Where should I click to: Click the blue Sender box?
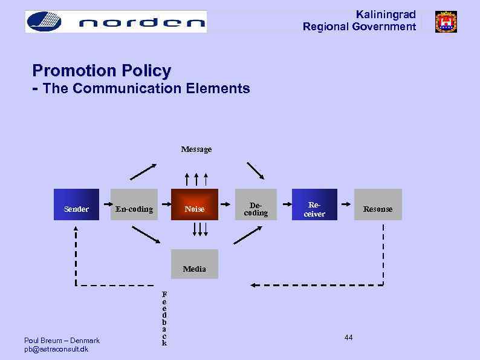click(x=76, y=205)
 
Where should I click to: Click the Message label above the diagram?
click(x=196, y=149)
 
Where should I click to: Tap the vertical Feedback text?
click(x=164, y=318)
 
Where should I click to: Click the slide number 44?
click(x=348, y=337)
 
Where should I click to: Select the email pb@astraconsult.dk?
click(x=56, y=349)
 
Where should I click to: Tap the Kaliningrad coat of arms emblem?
click(x=446, y=22)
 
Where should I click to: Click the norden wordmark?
click(x=142, y=23)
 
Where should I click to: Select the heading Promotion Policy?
click(x=102, y=71)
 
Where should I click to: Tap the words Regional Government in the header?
click(x=359, y=27)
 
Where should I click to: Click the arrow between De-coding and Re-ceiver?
click(x=284, y=205)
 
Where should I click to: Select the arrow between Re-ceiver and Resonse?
click(x=346, y=205)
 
